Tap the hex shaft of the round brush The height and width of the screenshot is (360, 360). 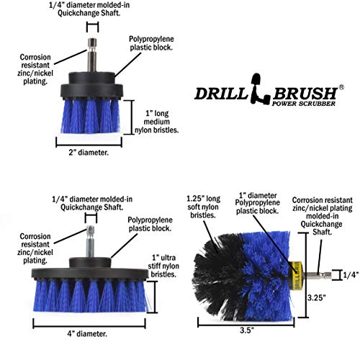312,274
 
